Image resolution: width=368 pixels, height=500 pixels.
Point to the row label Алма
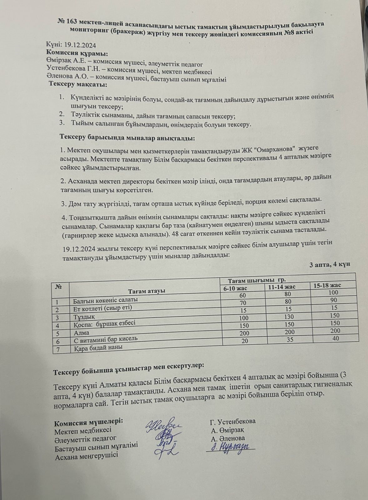(x=81, y=333)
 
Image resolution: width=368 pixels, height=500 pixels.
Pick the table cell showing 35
(x=290, y=339)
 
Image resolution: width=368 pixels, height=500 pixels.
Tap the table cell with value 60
(x=243, y=295)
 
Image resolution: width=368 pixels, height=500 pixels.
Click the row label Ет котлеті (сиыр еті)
(x=103, y=308)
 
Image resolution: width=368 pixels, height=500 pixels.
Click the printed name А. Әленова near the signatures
(x=228, y=438)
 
